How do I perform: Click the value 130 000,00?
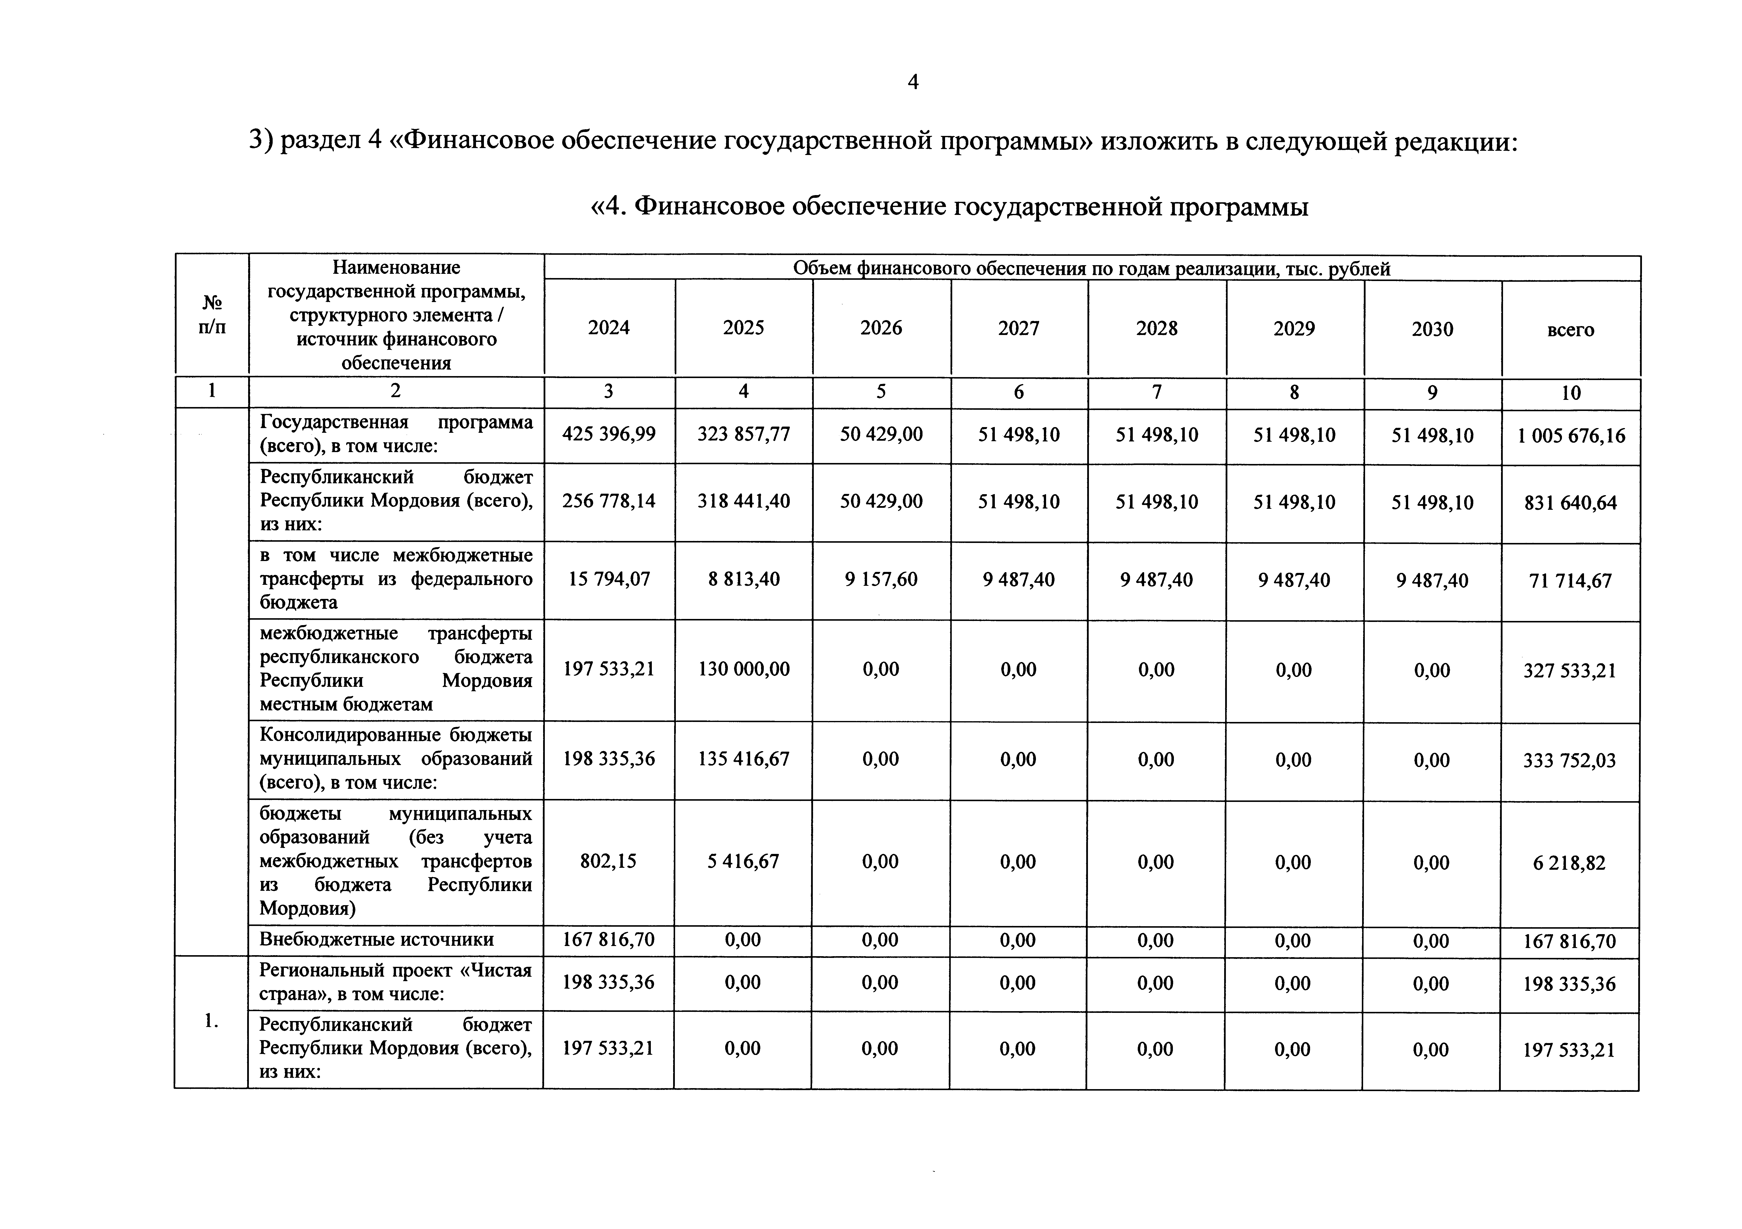coord(743,669)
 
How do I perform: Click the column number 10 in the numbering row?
coord(1571,393)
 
